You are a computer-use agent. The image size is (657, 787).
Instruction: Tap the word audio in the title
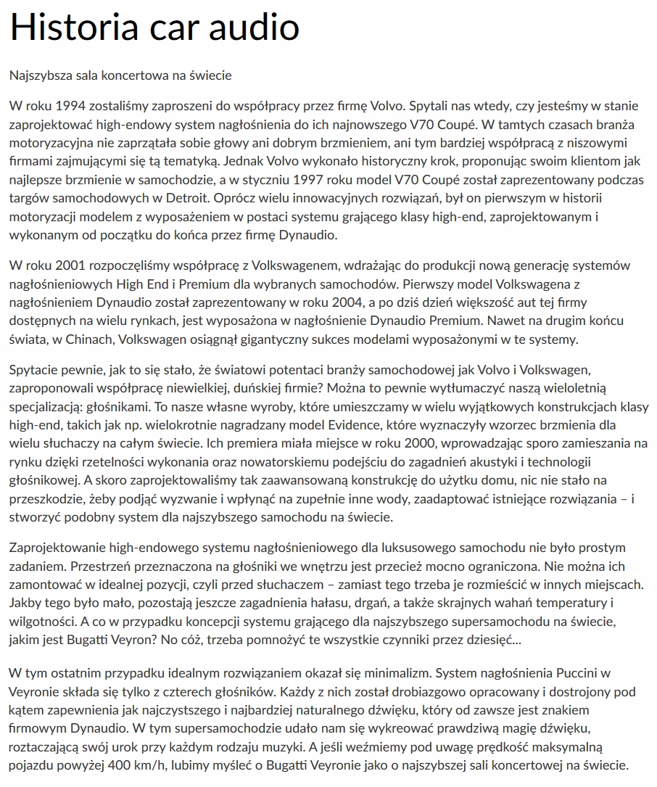click(253, 27)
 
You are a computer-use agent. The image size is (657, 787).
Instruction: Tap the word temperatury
click(569, 602)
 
